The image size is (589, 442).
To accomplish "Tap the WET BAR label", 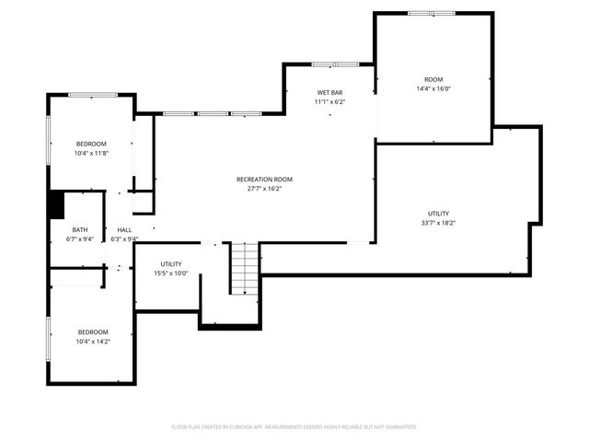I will pos(329,93).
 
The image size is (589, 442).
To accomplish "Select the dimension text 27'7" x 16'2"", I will pos(264,189).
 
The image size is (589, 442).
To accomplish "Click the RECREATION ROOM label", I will pos(264,179).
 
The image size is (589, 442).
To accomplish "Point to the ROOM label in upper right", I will pos(433,80).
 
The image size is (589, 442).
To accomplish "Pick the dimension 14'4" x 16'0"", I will pos(433,89).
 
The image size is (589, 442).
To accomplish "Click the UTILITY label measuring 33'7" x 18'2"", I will pos(438,214).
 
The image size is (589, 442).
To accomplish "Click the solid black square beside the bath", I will pos(55,204).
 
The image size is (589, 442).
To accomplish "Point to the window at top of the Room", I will pos(431,13).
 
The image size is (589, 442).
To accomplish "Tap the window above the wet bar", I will pos(335,64).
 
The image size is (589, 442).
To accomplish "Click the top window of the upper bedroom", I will pos(92,94).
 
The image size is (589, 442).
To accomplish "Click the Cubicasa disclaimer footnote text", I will pos(294,427).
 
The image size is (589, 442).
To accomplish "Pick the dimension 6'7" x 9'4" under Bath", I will pos(80,238).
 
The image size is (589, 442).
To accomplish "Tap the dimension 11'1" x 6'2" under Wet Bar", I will pos(329,102).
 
